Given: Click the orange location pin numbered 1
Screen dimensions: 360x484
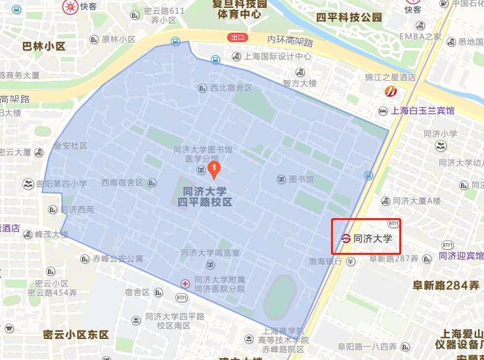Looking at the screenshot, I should coord(213,170).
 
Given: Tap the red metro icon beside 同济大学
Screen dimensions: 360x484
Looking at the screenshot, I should coord(345,238).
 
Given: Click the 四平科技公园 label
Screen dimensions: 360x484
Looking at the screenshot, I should coord(349,17).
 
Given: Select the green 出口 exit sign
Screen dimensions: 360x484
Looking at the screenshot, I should coord(237,37).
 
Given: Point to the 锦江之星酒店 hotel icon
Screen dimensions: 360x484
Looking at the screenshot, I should coord(392,91).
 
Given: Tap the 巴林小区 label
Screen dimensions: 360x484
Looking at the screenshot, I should coord(44,46).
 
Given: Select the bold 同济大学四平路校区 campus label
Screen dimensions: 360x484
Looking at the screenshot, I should coord(205,196).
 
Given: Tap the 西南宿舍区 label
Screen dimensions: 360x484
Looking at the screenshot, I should coord(122,183).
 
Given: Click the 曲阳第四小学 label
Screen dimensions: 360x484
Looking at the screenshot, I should coord(62,184).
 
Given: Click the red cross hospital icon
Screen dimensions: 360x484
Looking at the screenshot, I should coord(186,283).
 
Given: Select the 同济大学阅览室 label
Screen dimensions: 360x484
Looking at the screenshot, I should coord(210,253).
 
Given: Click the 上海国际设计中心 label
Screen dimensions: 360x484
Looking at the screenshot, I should coord(277,56).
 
